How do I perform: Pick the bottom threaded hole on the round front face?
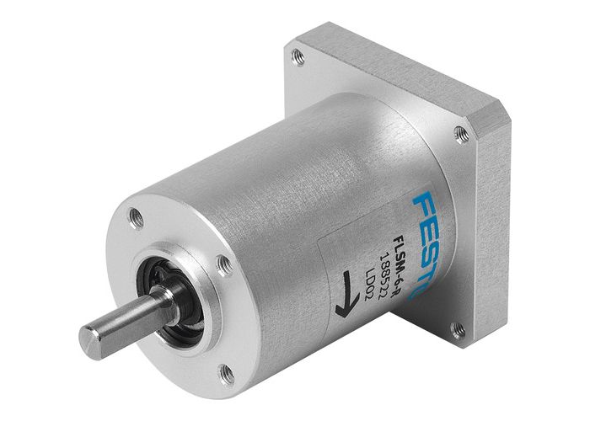[x=226, y=371]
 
